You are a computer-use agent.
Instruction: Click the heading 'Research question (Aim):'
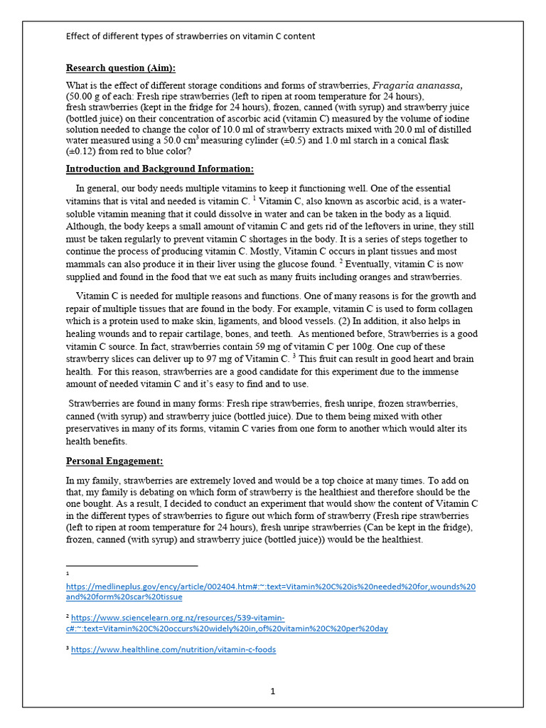[x=120, y=68]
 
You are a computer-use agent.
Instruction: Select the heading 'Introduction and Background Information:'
[x=159, y=169]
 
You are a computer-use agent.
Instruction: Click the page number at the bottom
[x=272, y=690]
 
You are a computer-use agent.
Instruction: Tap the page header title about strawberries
[x=191, y=36]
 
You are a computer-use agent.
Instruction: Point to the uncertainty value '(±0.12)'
[x=82, y=151]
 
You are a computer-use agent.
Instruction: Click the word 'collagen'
[x=457, y=309]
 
